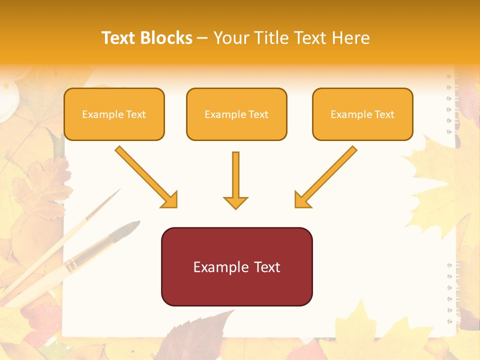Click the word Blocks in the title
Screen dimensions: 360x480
click(x=165, y=38)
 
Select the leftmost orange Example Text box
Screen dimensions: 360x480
click(x=114, y=114)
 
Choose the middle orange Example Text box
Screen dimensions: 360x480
click(x=236, y=114)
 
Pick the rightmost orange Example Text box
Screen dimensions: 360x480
click(x=362, y=114)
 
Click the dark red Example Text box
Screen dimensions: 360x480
click(x=236, y=266)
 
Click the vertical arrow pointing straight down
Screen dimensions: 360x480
click(x=235, y=180)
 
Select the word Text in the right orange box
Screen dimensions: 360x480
click(x=384, y=114)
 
